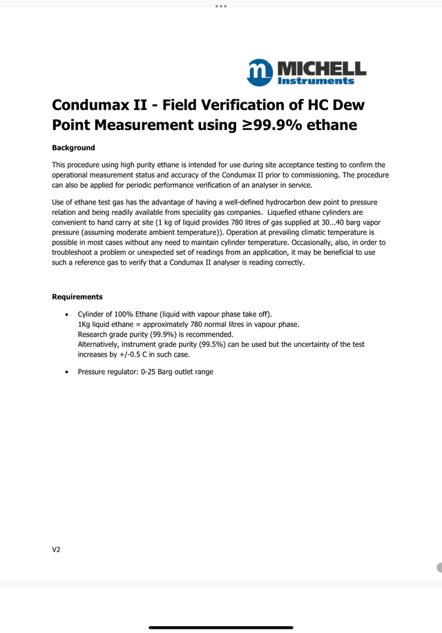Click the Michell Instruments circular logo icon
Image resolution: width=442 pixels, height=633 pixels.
(260, 72)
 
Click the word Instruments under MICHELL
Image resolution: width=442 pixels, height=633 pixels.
(316, 81)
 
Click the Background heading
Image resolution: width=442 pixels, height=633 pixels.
(73, 148)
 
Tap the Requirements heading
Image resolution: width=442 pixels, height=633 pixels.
(77, 297)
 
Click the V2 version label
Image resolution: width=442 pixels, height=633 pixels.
(57, 549)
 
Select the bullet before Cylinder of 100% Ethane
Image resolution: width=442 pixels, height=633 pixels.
(66, 314)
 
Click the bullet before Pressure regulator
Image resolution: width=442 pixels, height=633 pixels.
(66, 372)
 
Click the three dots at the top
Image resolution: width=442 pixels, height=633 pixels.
(221, 6)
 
